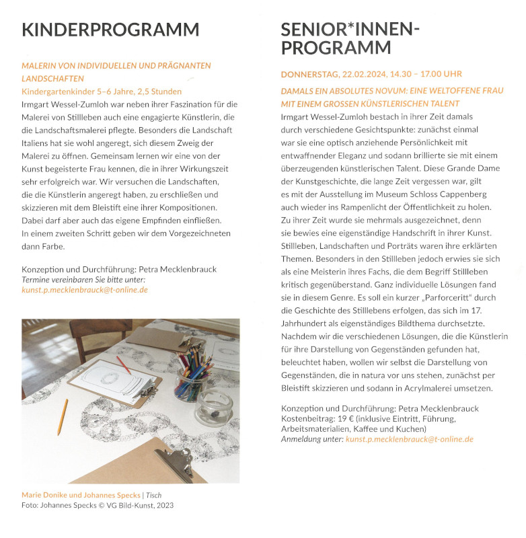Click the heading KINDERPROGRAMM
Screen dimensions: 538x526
pyautogui.click(x=110, y=30)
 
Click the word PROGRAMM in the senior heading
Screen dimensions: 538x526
pyautogui.click(x=336, y=48)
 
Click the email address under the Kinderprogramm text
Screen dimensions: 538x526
pyautogui.click(x=85, y=290)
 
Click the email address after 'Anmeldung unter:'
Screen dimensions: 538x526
pyautogui.click(x=409, y=439)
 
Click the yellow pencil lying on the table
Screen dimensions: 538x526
pyautogui.click(x=63, y=416)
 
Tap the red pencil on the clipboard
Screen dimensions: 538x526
pyautogui.click(x=122, y=364)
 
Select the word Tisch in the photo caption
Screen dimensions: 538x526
pyautogui.click(x=154, y=496)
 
